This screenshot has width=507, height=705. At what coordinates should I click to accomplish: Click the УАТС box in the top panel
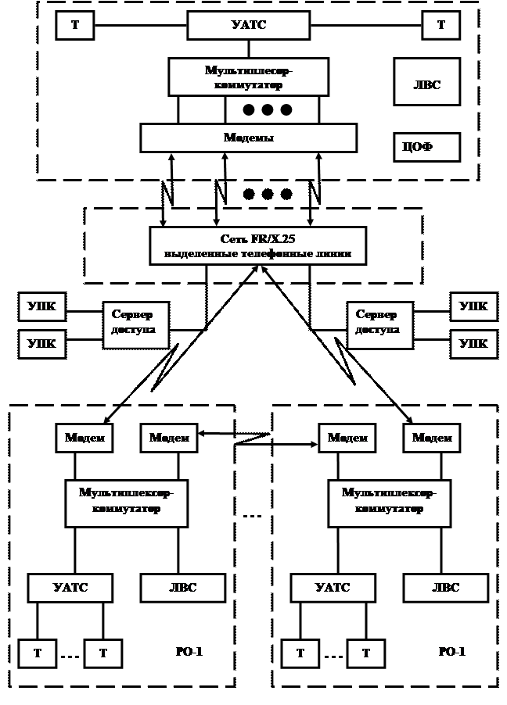click(x=247, y=25)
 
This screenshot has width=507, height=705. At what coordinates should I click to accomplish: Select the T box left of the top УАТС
click(x=74, y=25)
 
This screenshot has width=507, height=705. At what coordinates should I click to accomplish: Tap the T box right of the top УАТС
click(x=441, y=25)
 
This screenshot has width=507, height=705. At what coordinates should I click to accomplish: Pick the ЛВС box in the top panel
click(x=426, y=84)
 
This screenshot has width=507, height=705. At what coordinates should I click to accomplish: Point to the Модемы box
click(x=249, y=137)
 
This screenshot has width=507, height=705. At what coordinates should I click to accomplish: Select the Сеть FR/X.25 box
click(x=257, y=245)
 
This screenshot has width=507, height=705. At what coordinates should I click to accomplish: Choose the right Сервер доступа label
click(x=377, y=322)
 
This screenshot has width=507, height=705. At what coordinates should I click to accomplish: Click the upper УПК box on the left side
click(x=41, y=306)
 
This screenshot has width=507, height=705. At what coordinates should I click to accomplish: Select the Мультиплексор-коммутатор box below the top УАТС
click(x=248, y=77)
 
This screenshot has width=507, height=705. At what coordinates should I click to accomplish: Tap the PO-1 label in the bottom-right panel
click(x=451, y=651)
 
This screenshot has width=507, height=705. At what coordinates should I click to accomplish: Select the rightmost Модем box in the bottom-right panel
click(x=432, y=438)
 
